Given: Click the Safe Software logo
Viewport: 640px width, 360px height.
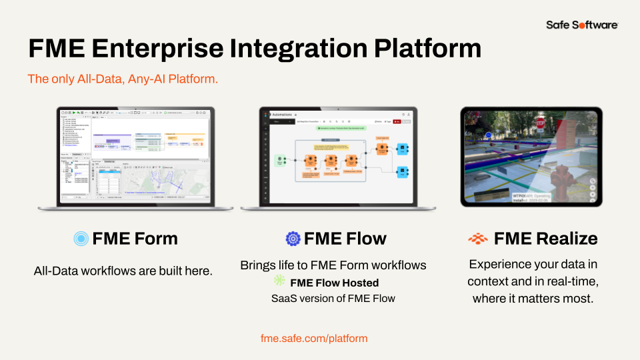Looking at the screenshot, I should pyautogui.click(x=582, y=25).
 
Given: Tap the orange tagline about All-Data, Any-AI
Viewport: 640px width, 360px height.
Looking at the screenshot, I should pyautogui.click(x=123, y=79).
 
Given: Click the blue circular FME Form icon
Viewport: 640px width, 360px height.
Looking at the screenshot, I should pyautogui.click(x=81, y=239).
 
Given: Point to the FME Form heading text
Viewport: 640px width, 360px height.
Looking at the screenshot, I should pyautogui.click(x=135, y=239).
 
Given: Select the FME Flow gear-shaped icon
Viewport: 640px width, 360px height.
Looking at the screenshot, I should pyautogui.click(x=293, y=239).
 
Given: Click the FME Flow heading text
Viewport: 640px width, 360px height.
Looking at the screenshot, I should pyautogui.click(x=345, y=239).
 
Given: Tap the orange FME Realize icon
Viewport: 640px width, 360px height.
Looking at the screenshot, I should pyautogui.click(x=477, y=239).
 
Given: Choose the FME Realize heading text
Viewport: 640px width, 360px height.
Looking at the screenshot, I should pyautogui.click(x=545, y=239).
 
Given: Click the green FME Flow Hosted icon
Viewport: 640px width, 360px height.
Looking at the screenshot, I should pyautogui.click(x=280, y=282).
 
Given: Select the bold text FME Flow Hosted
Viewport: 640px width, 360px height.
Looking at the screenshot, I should pyautogui.click(x=334, y=283).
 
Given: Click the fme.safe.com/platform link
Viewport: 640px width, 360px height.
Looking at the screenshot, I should pyautogui.click(x=314, y=338).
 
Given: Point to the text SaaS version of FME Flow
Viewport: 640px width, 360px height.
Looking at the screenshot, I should pyautogui.click(x=333, y=298).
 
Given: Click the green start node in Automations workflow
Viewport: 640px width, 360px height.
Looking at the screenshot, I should pyautogui.click(x=281, y=160).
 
